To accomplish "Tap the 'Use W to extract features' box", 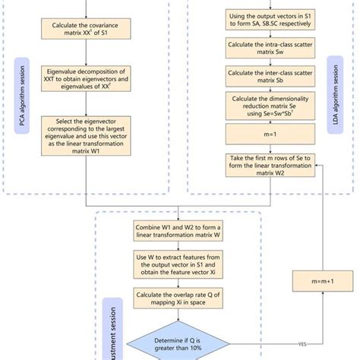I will coord(177,267).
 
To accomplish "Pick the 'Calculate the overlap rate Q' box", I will coord(177,299).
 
